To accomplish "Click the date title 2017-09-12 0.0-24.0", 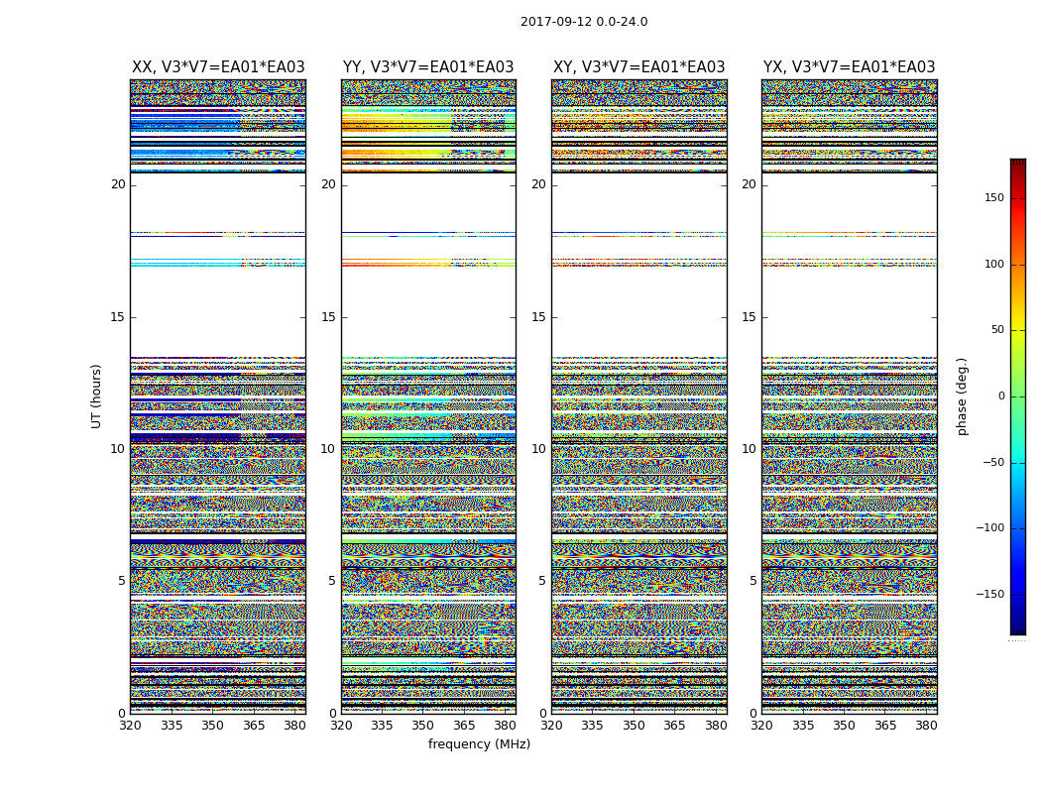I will click(584, 22).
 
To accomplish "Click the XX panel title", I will click(218, 67).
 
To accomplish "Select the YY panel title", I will click(428, 67).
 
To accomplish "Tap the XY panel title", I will click(639, 67).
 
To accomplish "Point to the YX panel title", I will click(850, 67).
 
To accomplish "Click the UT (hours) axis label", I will click(97, 396).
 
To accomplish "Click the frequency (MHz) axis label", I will click(479, 744).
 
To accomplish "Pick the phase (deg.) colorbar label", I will click(962, 396).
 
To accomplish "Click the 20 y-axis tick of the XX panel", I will click(118, 184).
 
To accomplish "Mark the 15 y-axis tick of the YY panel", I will click(328, 317).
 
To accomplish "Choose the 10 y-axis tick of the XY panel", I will click(538, 449).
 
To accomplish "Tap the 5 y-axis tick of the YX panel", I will click(752, 581).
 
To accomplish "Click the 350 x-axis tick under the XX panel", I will click(212, 726).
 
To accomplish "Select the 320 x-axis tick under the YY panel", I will click(341, 726).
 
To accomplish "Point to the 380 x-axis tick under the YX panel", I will click(926, 726).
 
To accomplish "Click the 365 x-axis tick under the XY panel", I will click(674, 726).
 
